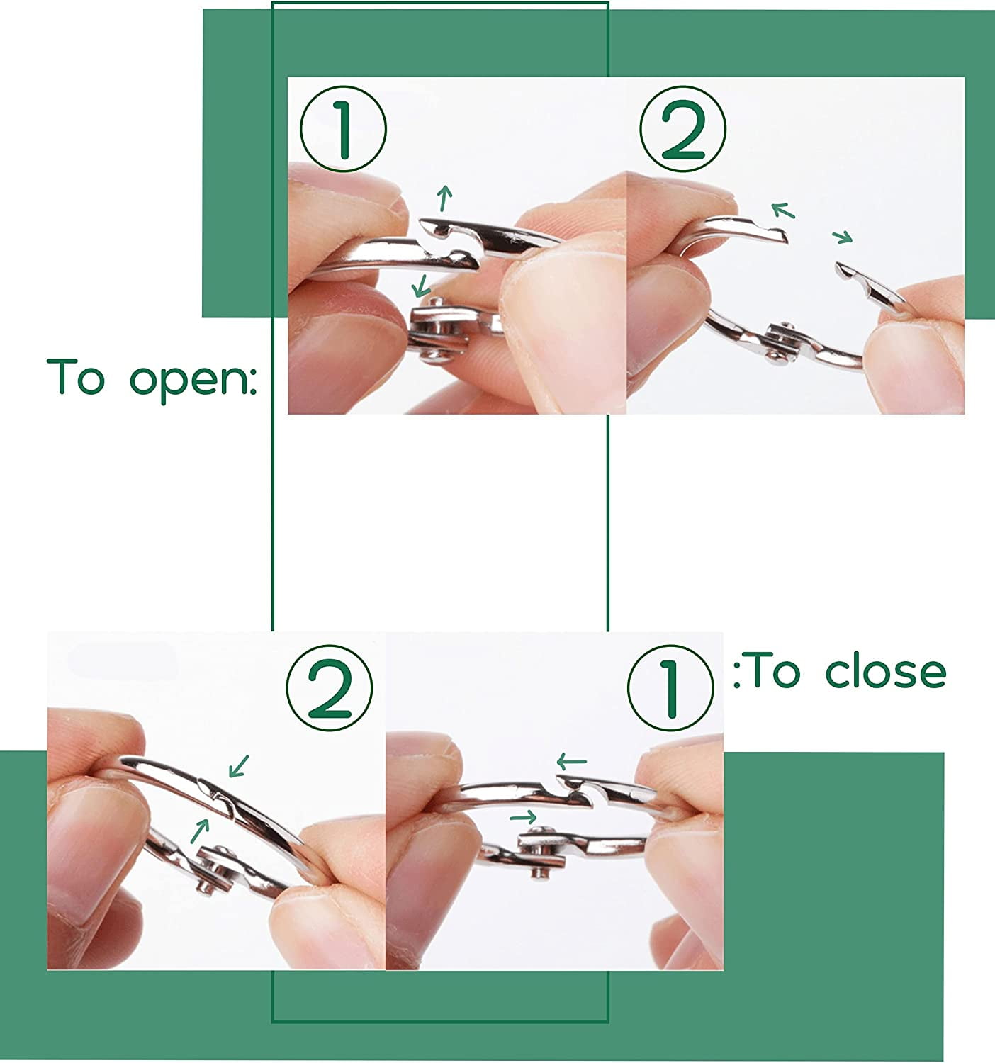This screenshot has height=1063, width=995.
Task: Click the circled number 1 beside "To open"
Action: point(343,129)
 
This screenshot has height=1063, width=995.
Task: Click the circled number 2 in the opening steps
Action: point(682,129)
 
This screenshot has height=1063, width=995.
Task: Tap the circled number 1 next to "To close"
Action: point(670,688)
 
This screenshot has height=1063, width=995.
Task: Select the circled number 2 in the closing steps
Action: point(330,688)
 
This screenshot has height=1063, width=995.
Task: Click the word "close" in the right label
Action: point(886,671)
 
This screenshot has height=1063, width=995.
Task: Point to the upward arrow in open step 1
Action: point(444,198)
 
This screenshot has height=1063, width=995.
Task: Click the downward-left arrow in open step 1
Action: point(420,286)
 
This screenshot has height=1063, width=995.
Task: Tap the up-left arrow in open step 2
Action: point(783,210)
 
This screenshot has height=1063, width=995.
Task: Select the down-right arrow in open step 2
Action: point(843,237)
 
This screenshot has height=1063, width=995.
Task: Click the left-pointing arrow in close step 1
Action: point(571,761)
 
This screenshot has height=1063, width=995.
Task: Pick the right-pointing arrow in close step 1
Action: point(523,817)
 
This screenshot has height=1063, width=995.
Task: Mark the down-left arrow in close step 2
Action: point(239,766)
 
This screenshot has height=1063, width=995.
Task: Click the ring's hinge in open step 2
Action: point(781,344)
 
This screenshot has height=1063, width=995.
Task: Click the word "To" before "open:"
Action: point(76,376)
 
